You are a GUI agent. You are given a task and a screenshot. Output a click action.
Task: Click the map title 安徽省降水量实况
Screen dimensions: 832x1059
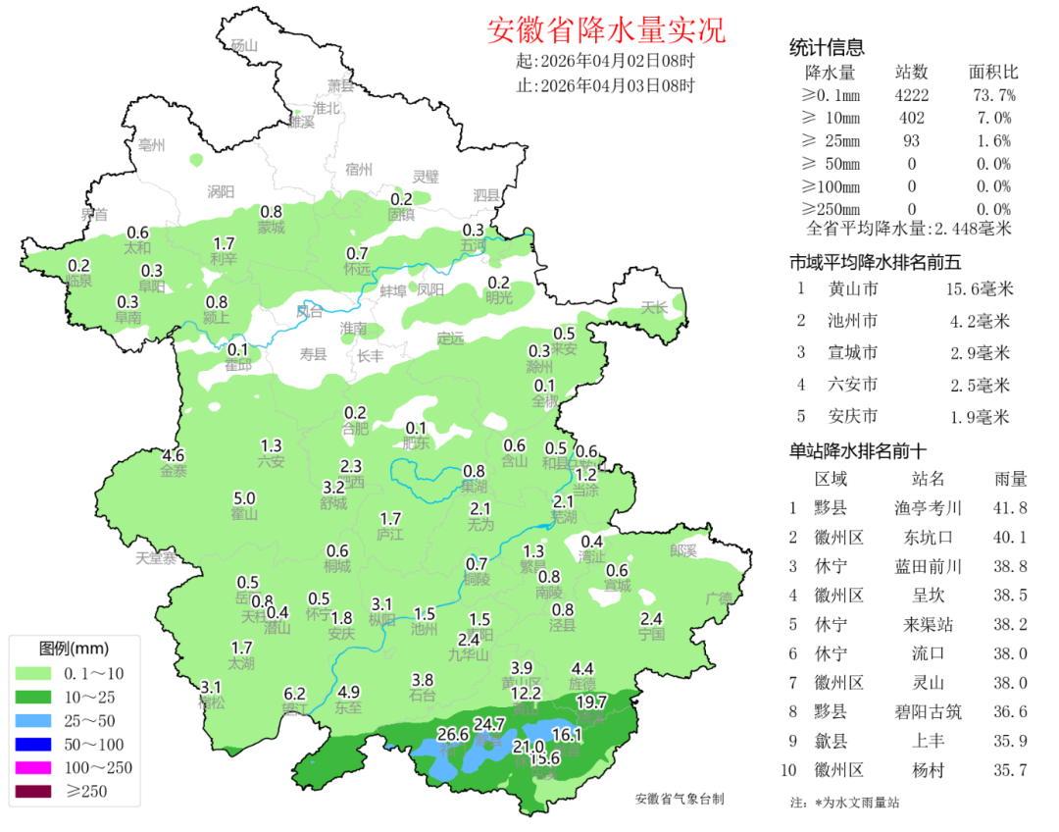tap(606, 30)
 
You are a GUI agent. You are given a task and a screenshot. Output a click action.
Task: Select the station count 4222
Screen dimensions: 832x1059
tap(912, 95)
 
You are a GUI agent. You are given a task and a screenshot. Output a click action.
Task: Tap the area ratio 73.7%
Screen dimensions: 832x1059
tap(993, 95)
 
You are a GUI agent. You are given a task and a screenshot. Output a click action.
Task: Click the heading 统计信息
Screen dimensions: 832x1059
tap(827, 48)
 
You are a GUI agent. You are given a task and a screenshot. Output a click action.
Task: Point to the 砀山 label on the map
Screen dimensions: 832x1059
tap(242, 45)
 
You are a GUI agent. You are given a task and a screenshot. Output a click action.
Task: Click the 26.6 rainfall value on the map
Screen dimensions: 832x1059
tap(453, 734)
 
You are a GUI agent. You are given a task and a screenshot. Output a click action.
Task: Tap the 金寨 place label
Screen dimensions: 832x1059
tap(174, 471)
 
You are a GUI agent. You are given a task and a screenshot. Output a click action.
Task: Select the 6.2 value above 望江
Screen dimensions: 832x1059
tap(295, 693)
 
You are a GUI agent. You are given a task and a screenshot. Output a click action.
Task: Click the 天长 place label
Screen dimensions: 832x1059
tap(654, 307)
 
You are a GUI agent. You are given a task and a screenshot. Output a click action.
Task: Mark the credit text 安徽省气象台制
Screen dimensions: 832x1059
tap(680, 799)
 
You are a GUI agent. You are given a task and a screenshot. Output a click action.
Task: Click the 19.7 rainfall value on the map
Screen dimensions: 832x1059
tap(591, 702)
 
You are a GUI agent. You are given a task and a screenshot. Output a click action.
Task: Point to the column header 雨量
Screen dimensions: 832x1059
tap(1011, 479)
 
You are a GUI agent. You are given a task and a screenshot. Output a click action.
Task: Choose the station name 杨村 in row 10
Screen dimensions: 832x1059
tap(927, 770)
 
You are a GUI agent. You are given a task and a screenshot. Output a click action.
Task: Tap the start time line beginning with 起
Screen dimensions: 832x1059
tap(605, 61)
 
